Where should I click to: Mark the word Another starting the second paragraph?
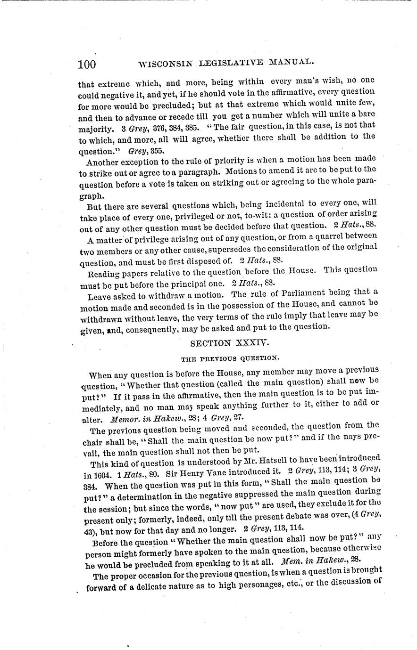[x=102, y=162]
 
